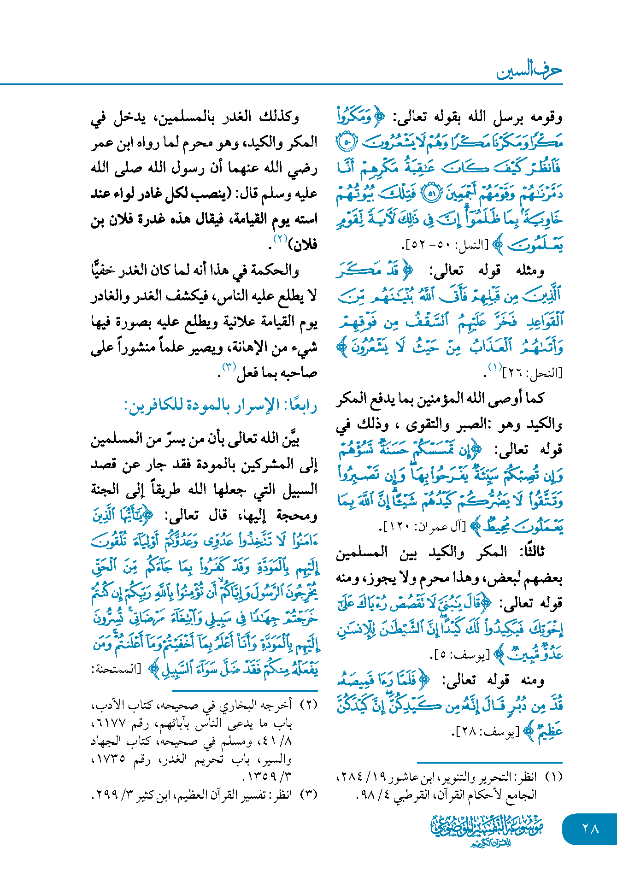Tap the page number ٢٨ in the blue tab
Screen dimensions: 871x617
click(x=590, y=829)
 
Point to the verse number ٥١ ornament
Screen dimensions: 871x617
click(x=431, y=193)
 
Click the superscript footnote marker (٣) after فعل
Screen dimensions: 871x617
click(x=229, y=368)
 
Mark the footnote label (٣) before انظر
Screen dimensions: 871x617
click(x=309, y=795)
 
